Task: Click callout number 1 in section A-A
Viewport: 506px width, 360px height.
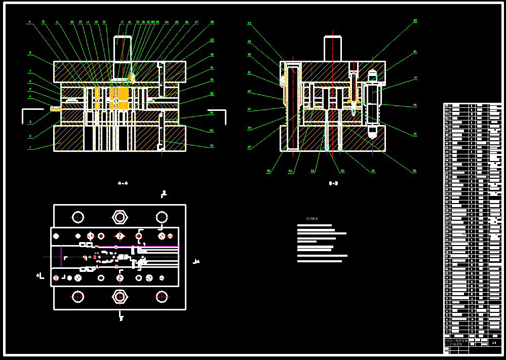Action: [30, 148]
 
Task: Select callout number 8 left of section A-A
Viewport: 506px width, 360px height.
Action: [30, 52]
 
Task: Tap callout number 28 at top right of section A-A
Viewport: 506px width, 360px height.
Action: [212, 22]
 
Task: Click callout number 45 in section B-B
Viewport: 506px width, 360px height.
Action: [415, 21]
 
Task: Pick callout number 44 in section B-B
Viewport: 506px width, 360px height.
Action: [249, 23]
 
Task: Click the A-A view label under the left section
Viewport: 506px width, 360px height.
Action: [122, 183]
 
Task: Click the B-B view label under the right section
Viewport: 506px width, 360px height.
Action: [333, 183]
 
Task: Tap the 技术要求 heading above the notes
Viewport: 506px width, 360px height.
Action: [312, 219]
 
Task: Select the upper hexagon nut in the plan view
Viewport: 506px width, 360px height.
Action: [120, 217]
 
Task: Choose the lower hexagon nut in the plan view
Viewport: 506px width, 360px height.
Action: [120, 296]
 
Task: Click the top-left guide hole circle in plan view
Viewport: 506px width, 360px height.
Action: [78, 217]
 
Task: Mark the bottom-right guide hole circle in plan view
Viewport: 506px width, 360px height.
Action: [162, 296]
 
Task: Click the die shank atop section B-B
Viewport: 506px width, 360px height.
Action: [332, 49]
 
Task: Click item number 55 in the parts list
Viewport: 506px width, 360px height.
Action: [447, 106]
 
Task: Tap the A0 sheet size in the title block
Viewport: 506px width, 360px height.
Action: [493, 343]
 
